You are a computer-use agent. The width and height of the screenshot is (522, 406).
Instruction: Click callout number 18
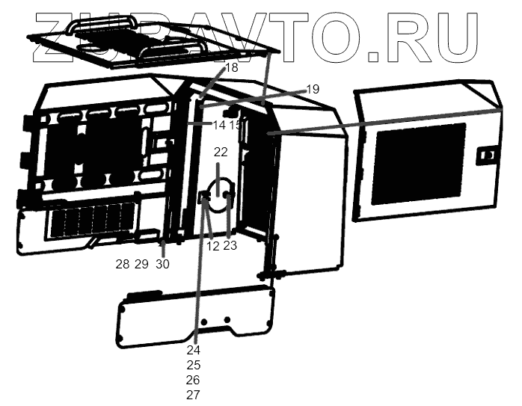point(231,67)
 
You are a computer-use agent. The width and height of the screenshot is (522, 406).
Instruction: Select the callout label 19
point(313,89)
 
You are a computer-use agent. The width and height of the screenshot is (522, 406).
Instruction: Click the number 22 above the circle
point(221,152)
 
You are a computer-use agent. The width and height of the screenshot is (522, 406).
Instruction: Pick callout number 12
point(213,245)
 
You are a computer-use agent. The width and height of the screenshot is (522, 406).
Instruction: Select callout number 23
point(230,245)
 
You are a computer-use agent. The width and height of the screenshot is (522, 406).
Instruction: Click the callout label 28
point(122,263)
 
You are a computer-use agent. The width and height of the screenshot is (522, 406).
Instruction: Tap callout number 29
point(141,263)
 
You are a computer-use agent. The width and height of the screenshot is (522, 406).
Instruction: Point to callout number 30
point(162,263)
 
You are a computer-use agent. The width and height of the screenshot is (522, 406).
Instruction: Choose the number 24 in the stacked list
point(194,349)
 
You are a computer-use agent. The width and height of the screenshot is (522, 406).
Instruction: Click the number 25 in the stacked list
point(194,365)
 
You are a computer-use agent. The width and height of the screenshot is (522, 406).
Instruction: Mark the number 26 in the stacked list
point(194,380)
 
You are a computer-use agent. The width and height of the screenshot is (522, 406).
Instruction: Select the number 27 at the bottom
point(194,395)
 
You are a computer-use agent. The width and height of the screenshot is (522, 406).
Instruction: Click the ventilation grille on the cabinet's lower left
point(90,221)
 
